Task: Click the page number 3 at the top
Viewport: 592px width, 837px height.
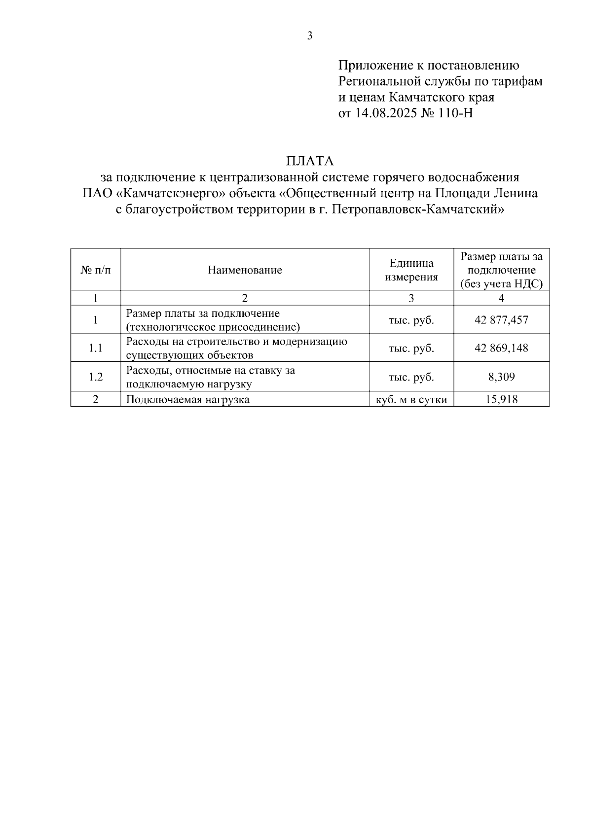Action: (310, 36)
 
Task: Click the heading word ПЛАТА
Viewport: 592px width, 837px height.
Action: (310, 161)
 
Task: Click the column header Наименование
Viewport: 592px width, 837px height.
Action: (245, 270)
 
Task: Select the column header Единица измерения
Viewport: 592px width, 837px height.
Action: (411, 270)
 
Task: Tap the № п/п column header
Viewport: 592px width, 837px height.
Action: (96, 270)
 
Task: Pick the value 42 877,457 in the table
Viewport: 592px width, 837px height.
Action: (501, 320)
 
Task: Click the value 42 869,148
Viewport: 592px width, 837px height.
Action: (501, 348)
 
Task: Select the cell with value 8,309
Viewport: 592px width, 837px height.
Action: (501, 377)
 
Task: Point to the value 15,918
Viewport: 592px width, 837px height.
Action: (501, 399)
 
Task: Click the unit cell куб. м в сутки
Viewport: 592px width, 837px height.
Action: (411, 399)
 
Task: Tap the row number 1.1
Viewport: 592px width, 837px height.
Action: (96, 348)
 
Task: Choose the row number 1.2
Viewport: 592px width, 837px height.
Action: (96, 377)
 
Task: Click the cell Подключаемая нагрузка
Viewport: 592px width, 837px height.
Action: (187, 399)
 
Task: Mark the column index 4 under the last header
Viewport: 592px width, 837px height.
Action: (501, 298)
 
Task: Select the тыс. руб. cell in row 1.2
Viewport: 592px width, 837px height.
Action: (411, 377)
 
